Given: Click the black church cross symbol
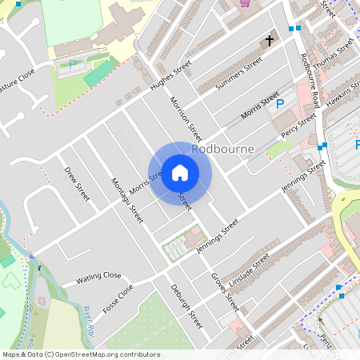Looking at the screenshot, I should (x=270, y=40).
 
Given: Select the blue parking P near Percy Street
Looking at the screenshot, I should (x=280, y=103).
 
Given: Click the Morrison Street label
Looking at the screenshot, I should (x=186, y=118).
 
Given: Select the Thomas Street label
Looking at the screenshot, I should (x=333, y=56).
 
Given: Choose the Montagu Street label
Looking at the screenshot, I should (x=126, y=200).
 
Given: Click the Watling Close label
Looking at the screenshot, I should (x=98, y=277).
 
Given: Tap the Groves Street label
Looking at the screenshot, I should (x=225, y=291).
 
